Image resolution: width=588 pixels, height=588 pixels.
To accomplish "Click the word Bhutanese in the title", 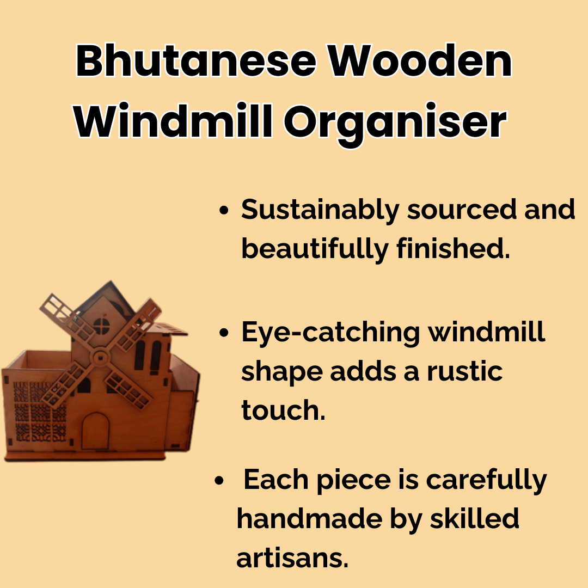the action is tap(196, 60).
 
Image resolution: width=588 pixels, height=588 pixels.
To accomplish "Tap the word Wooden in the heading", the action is tap(420, 60).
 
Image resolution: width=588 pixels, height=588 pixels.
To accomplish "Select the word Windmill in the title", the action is tap(173, 121).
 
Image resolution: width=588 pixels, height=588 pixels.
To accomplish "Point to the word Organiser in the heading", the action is tap(395, 124).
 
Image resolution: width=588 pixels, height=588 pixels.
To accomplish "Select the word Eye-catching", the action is tap(330, 333).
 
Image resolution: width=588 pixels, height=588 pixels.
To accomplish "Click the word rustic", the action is tap(465, 372).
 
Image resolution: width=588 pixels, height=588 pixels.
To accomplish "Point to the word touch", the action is tap(283, 410).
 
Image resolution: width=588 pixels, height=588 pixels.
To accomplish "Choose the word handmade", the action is tap(309, 519).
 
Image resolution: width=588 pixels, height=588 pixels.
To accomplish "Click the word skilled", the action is tap(474, 519).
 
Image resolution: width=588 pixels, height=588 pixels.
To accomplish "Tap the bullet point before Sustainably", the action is tap(224, 210).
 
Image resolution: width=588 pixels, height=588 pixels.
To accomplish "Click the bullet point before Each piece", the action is tap(219, 480).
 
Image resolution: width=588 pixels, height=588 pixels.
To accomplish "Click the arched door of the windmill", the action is tap(95, 431).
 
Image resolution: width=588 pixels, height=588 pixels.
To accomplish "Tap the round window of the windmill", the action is tap(101, 326).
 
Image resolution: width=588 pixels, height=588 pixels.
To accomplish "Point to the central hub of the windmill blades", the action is tap(100, 357).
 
